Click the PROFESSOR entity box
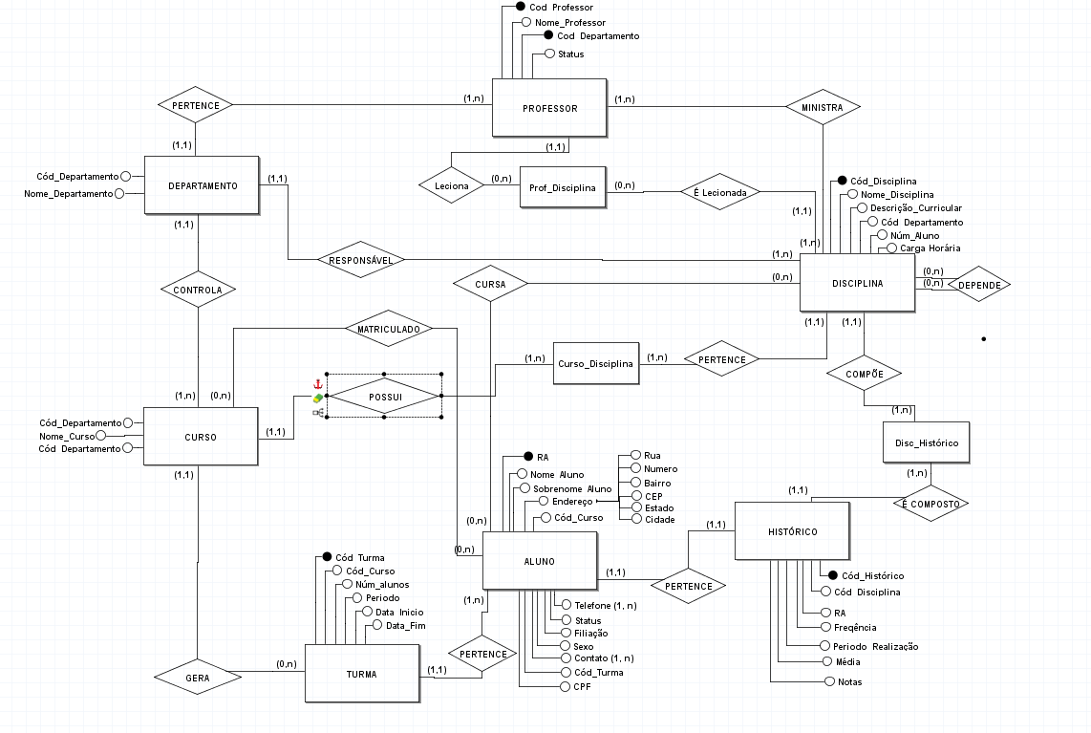point(549,108)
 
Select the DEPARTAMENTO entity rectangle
point(202,185)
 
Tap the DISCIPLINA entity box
point(857,283)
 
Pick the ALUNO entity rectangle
point(540,561)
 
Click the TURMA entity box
point(361,674)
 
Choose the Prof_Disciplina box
point(563,188)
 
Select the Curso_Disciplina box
point(595,363)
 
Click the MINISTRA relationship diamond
point(822,108)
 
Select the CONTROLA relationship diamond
point(198,289)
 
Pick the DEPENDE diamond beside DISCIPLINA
point(978,285)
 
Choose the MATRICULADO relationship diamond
point(388,328)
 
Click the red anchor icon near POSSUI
point(318,383)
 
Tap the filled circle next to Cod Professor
point(521,7)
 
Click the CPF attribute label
point(583,686)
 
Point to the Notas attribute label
point(849,681)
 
